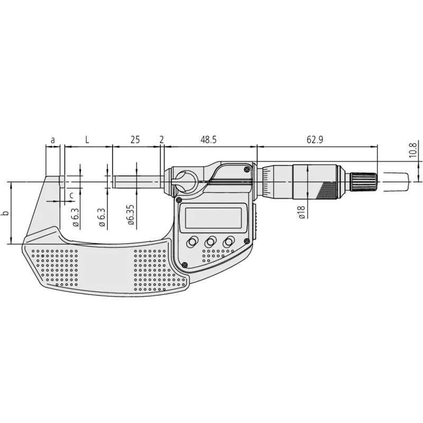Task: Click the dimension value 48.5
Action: click(208, 140)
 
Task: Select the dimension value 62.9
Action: click(315, 140)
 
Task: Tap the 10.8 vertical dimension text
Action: click(413, 150)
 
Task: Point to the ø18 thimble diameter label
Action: click(301, 212)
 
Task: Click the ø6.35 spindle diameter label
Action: click(131, 215)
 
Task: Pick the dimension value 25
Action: click(135, 140)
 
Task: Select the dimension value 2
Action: click(162, 140)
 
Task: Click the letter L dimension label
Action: click(87, 140)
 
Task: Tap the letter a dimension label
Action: click(53, 140)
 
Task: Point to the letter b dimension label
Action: click(5, 213)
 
